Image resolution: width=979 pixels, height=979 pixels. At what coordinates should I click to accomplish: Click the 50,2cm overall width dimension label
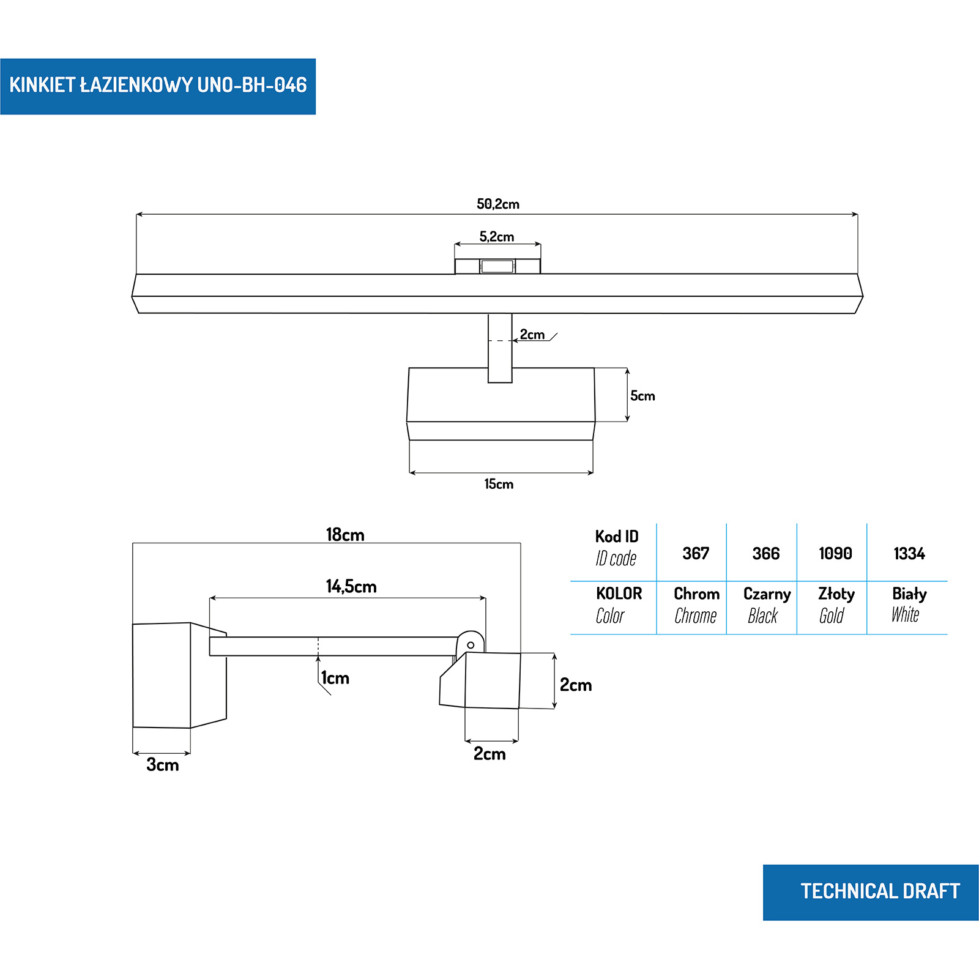498,204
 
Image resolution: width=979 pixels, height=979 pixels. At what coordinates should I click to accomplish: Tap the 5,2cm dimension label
497,237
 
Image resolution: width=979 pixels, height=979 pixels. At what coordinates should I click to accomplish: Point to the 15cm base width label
499,484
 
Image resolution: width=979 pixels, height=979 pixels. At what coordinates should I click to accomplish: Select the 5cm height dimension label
642,396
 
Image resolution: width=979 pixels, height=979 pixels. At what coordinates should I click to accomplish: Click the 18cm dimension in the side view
345,535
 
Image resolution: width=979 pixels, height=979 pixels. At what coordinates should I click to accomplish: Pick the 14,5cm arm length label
351,587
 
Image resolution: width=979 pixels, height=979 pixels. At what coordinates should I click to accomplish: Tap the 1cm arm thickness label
335,678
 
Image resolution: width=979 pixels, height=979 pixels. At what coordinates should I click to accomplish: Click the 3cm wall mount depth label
163,765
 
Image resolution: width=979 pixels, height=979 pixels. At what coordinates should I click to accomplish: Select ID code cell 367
696,554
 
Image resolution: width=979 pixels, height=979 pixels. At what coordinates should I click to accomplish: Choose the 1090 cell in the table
835,554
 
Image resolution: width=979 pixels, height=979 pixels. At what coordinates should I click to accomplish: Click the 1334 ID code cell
909,554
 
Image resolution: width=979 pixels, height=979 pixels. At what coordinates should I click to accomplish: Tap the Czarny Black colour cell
766,605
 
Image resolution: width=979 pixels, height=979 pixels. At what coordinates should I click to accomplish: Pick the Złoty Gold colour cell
836,605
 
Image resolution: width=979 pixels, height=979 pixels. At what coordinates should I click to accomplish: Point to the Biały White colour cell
909,605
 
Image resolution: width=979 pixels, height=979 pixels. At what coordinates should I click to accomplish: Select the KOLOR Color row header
619,605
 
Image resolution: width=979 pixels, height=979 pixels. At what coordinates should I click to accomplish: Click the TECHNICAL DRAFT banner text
880,891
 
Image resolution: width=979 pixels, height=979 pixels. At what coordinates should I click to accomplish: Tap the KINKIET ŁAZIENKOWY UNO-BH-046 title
158,85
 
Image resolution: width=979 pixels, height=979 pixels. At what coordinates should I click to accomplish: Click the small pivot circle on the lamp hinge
471,645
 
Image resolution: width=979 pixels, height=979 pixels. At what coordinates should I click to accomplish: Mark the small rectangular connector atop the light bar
497,266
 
